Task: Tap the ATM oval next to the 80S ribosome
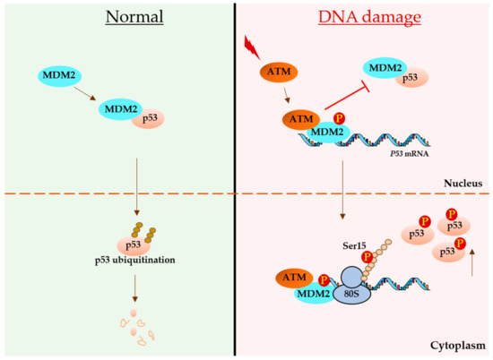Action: (287, 279)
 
